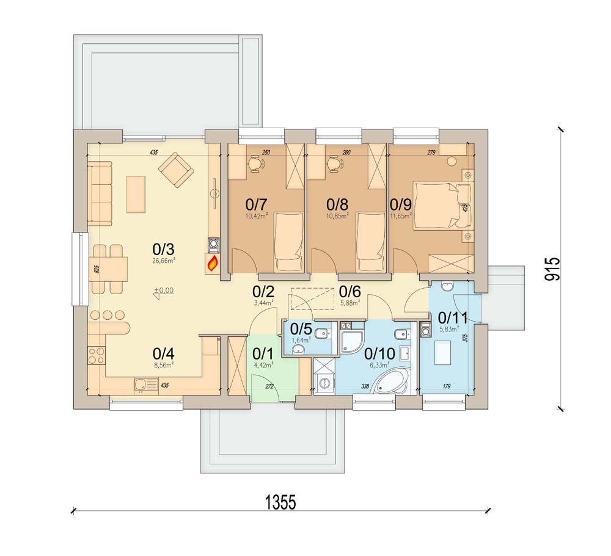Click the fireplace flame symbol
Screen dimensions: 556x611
click(x=213, y=264)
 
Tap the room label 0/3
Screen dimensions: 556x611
click(x=163, y=249)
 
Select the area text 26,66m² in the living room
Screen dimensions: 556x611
click(x=164, y=260)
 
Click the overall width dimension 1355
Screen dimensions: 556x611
click(x=280, y=502)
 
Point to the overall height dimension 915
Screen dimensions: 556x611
click(x=553, y=269)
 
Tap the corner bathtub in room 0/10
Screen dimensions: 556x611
click(x=390, y=382)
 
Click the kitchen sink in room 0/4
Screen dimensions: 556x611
click(x=142, y=385)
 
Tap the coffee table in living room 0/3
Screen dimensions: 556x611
click(x=136, y=193)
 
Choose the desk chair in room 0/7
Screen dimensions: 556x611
click(x=255, y=163)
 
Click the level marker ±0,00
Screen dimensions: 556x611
click(x=163, y=291)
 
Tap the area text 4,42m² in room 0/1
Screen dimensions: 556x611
click(x=263, y=365)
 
